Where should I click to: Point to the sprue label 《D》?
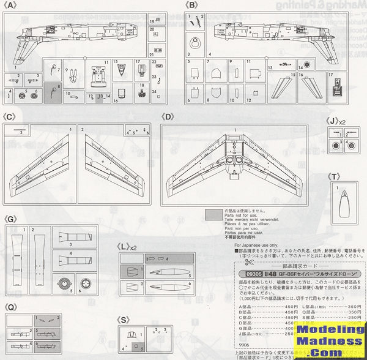[x=166, y=116]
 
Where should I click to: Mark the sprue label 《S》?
[x=124, y=320]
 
